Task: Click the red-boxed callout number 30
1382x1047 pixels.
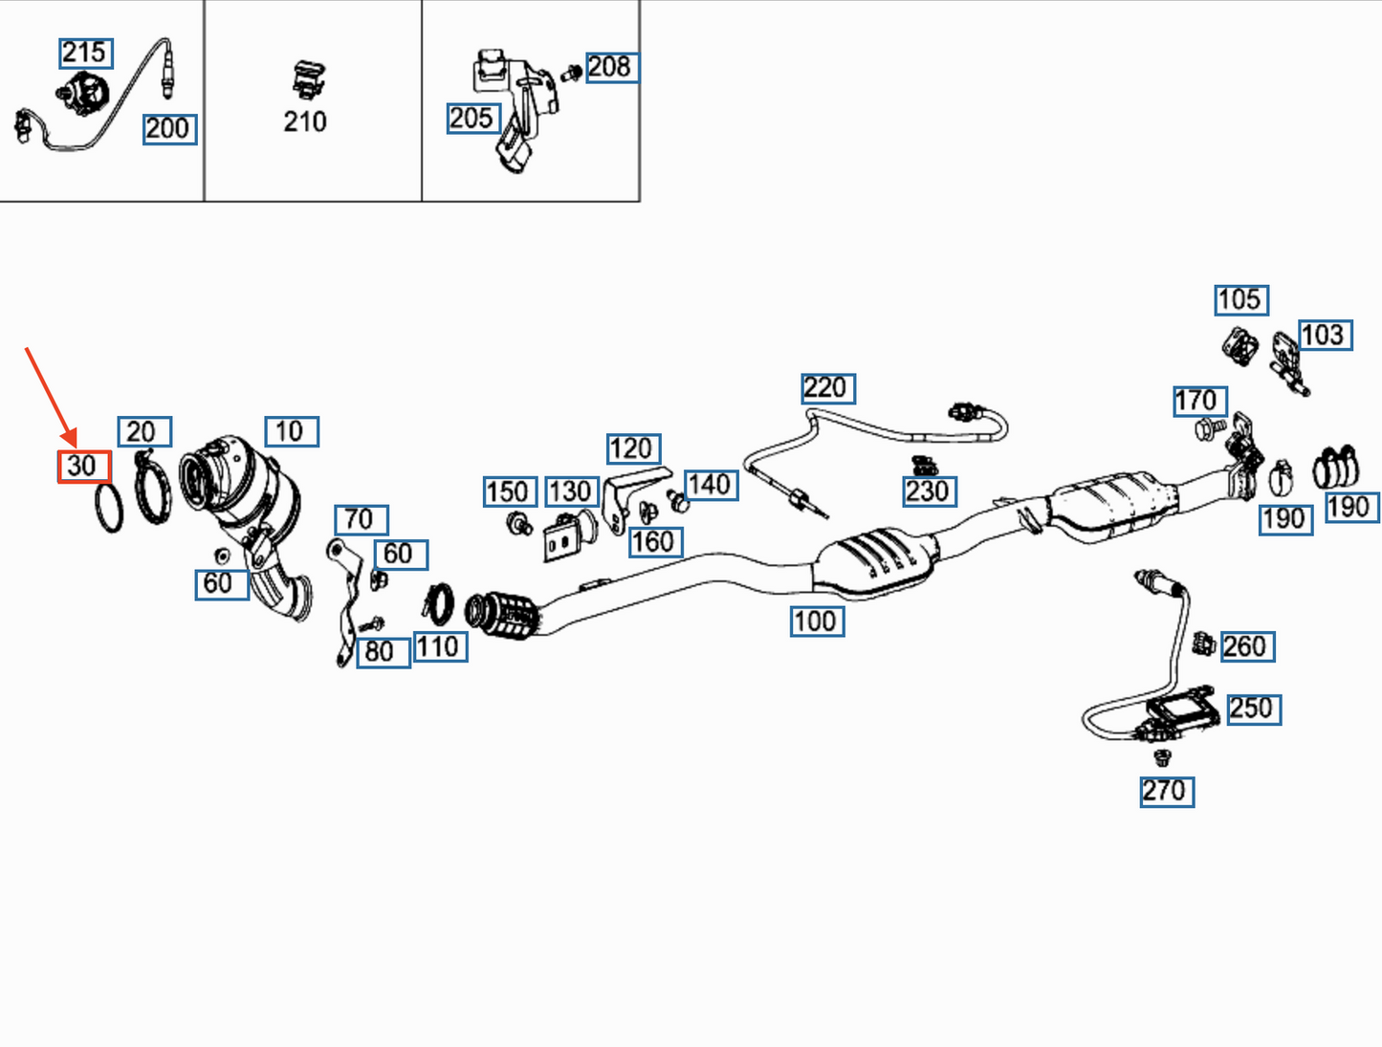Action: (83, 467)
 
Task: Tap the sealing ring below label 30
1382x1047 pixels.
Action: (109, 508)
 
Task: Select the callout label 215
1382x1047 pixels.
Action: (85, 53)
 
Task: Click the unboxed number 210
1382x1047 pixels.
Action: (305, 121)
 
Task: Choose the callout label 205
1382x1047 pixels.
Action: (472, 118)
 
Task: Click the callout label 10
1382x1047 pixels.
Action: (291, 431)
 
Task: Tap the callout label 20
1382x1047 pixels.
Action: (143, 432)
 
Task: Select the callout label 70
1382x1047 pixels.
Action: (361, 519)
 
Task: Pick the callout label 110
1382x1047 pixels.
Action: (440, 647)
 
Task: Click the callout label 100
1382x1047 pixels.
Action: (816, 622)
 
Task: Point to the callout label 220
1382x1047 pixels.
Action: (827, 388)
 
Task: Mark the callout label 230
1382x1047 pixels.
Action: (929, 491)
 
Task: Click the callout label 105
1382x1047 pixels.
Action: (1240, 300)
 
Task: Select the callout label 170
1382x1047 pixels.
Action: (1198, 401)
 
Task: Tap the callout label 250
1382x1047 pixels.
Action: (1252, 709)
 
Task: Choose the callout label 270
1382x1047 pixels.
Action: (1166, 792)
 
